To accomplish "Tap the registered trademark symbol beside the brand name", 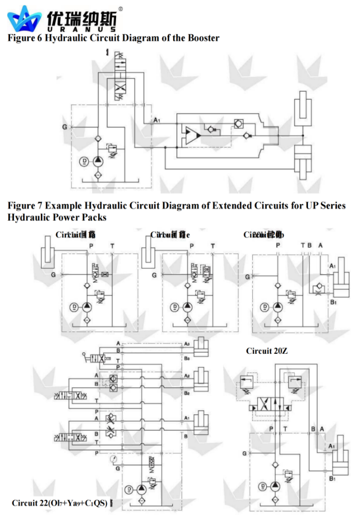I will point(120,9).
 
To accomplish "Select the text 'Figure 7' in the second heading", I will point(24,206).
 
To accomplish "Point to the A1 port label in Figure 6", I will point(157,120).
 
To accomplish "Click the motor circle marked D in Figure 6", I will point(84,162).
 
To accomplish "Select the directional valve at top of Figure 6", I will point(120,72).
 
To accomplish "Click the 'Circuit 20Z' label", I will point(267,351).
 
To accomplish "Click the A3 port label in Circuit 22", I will point(187,344).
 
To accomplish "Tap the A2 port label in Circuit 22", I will point(187,376).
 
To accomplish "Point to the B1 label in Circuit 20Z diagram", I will point(332,479).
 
